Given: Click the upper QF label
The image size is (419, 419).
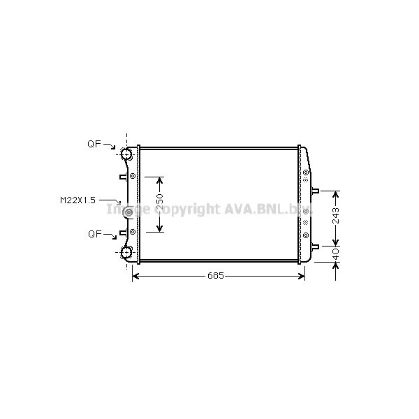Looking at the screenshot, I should click(x=94, y=145).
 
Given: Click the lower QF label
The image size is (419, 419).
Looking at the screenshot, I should click(x=94, y=234).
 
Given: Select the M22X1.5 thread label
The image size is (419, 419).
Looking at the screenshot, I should click(x=77, y=200).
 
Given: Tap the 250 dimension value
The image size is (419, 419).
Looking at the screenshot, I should click(x=160, y=205).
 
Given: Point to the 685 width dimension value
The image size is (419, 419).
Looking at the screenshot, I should click(x=215, y=276).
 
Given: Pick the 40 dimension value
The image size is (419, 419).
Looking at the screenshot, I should click(x=335, y=254).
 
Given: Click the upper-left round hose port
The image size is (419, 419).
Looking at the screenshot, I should click(x=127, y=154).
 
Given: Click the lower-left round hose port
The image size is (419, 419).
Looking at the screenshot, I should click(x=127, y=252).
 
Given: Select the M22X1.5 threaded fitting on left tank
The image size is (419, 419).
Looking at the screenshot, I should click(x=128, y=212).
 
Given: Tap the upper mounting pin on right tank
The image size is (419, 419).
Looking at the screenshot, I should click(x=315, y=191).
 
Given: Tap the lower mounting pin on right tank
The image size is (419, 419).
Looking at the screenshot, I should click(x=315, y=246).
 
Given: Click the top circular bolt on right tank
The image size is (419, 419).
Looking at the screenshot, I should click(x=306, y=172).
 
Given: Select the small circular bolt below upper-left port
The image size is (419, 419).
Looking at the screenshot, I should click(x=133, y=175).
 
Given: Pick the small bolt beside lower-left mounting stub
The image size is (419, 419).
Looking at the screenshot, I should click(x=133, y=230).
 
